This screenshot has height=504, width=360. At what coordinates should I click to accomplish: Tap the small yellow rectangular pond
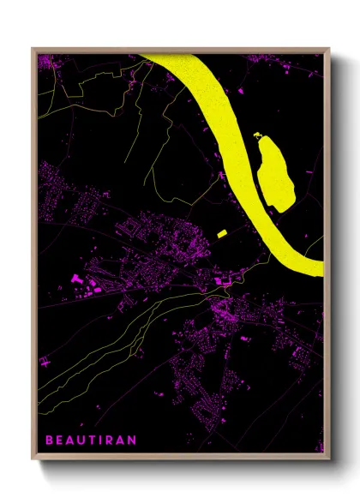(221, 233)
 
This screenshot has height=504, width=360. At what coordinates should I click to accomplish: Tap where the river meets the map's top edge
(163, 56)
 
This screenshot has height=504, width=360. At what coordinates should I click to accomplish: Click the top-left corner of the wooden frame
(33, 48)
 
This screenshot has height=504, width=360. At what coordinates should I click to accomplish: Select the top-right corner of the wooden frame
(329, 48)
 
